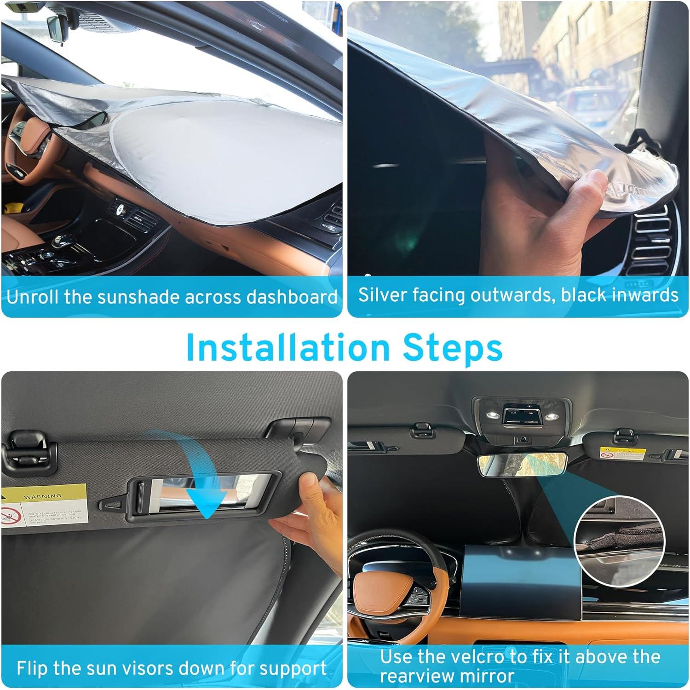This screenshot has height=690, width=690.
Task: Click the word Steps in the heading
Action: [x=453, y=348]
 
